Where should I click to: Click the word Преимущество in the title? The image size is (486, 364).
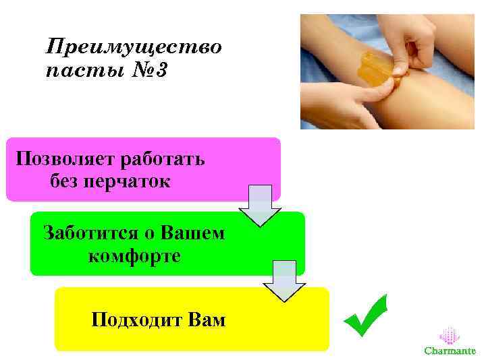134,48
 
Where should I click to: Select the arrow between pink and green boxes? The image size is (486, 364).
260,205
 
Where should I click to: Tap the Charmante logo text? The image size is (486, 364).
450,351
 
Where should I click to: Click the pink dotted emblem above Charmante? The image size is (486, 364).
450,335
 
